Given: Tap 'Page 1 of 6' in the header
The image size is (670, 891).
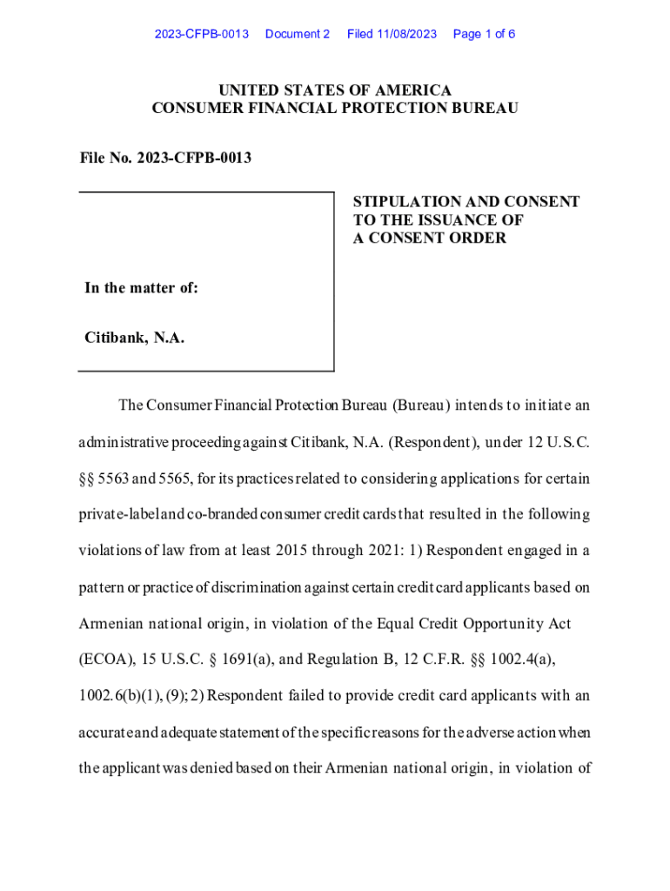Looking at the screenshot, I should click(484, 34).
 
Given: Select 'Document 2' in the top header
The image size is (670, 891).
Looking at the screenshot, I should click(298, 34).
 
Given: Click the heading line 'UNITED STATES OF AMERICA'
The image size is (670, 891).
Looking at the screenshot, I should click(335, 90).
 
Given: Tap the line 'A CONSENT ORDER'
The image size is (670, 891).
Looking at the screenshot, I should click(429, 238).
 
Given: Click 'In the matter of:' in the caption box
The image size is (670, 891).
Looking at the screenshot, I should click(141, 288).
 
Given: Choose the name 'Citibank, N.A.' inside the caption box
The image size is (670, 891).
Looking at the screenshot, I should click(135, 338).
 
